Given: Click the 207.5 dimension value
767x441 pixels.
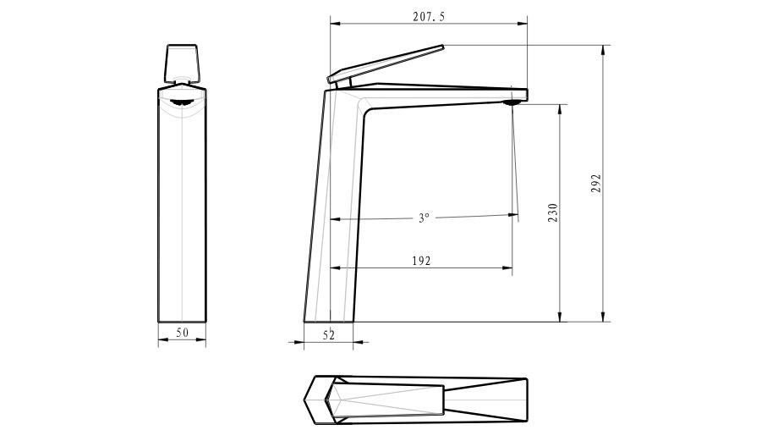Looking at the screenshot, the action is pos(429,17).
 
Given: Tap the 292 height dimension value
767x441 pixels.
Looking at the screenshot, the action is pos(596,183).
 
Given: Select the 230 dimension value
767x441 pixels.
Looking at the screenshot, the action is pos(553,213).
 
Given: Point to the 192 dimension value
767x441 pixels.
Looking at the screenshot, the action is pos(421,261).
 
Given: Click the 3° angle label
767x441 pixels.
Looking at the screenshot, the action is pos(424,218).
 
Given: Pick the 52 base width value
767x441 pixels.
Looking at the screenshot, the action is pos(329,335).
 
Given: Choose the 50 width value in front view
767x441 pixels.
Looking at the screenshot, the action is pos(182,333).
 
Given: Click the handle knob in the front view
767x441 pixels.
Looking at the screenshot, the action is pos(183,63).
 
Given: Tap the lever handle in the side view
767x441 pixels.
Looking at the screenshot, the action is pos(386,64).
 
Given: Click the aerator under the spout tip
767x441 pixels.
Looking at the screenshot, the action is pos(512,102).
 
